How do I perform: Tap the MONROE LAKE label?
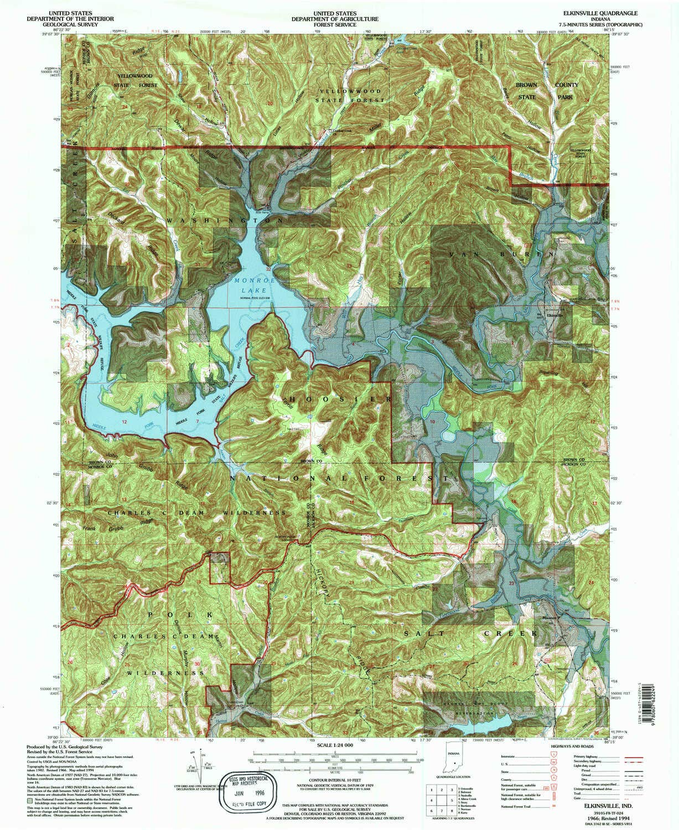click(250, 286)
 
